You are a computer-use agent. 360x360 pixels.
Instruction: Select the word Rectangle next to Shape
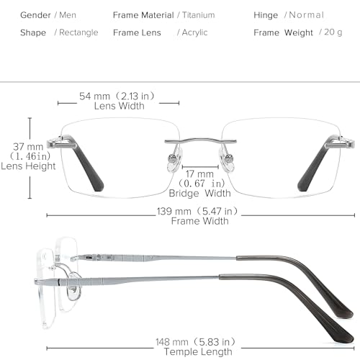click(78, 32)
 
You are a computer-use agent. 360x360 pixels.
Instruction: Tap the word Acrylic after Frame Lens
click(194, 32)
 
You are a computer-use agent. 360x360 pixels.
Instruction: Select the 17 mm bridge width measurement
click(199, 174)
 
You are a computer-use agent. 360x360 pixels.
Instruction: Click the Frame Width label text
click(199, 221)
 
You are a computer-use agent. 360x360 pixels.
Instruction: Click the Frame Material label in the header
click(143, 14)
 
